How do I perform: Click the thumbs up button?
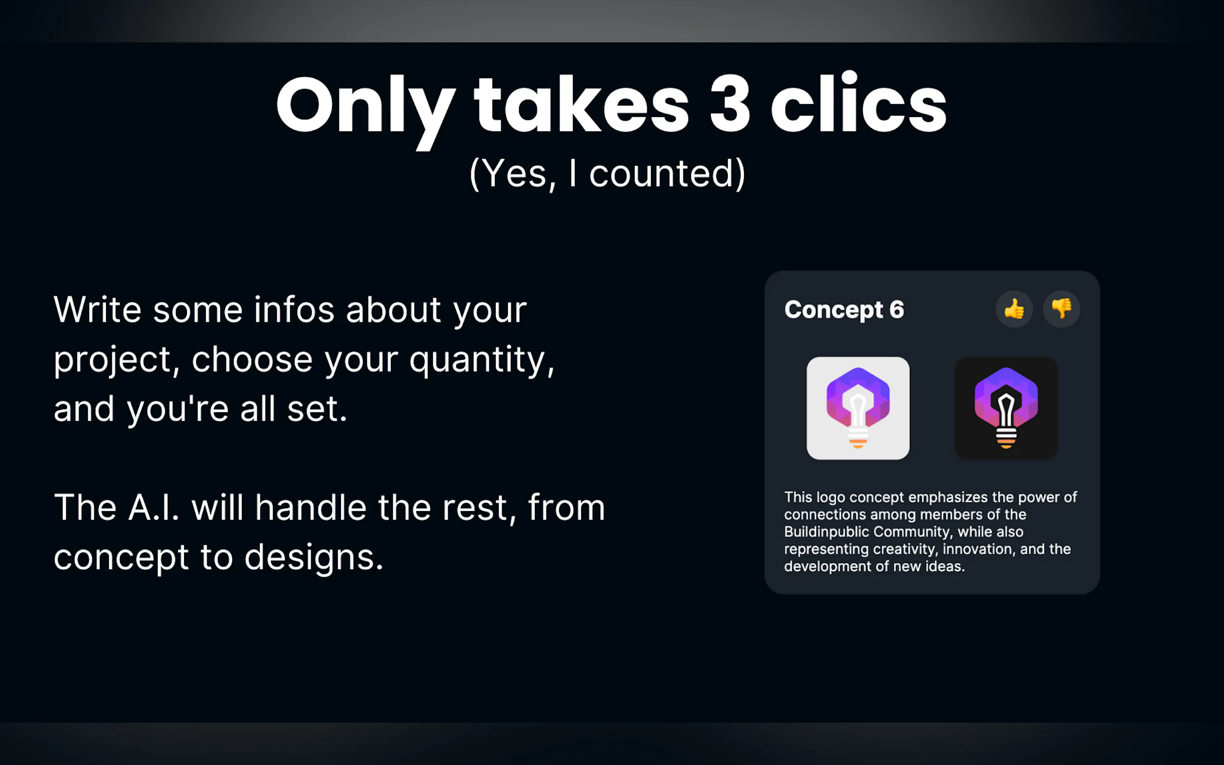pyautogui.click(x=1014, y=309)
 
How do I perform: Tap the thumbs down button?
pyautogui.click(x=1062, y=309)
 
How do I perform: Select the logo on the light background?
pyautogui.click(x=858, y=409)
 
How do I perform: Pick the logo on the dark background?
pyautogui.click(x=1006, y=409)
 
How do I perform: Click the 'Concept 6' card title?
pyautogui.click(x=844, y=310)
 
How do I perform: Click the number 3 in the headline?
pyautogui.click(x=730, y=104)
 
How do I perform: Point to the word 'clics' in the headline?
pyautogui.click(x=858, y=101)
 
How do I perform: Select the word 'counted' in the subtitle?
pyautogui.click(x=661, y=173)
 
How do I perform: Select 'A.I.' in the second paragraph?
pyautogui.click(x=154, y=507)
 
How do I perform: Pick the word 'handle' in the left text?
pyautogui.click(x=311, y=507)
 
